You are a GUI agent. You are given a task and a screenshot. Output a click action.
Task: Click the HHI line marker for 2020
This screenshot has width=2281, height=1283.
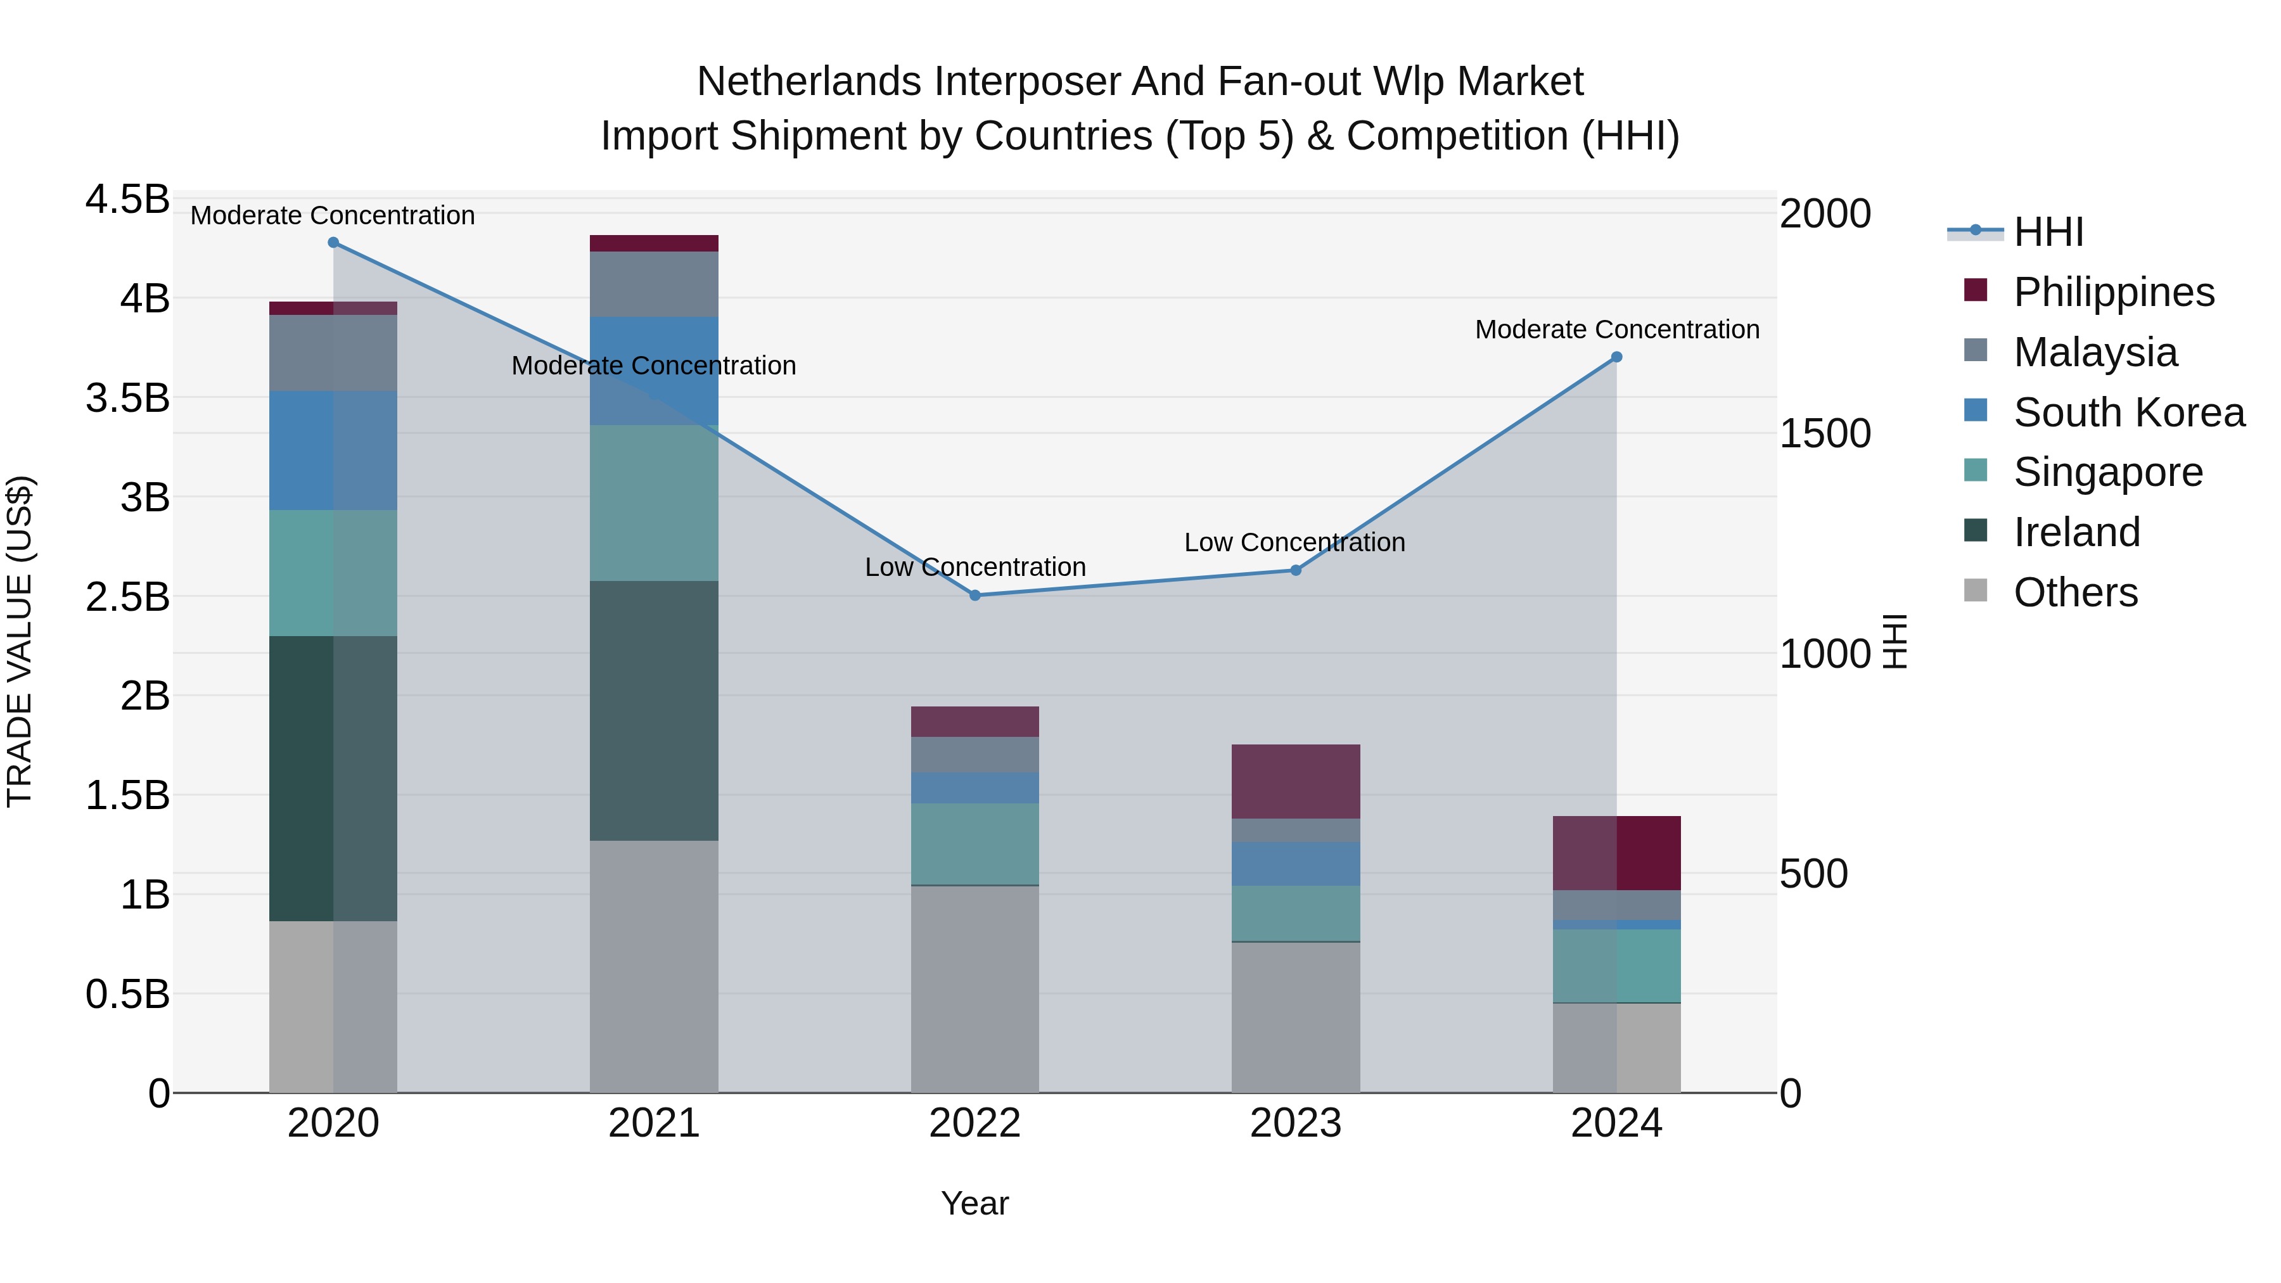pos(333,243)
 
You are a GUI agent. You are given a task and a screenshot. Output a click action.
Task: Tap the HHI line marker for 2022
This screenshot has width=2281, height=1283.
pos(975,595)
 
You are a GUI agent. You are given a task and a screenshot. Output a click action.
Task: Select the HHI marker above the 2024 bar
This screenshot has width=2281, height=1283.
pos(1616,357)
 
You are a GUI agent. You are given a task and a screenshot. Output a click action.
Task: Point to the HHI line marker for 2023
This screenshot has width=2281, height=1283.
pos(1296,570)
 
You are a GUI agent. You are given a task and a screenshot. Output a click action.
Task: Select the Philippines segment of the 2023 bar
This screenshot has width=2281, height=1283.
pos(1296,781)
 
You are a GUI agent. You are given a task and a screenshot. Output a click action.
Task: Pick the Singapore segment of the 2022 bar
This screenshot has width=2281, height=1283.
pos(975,844)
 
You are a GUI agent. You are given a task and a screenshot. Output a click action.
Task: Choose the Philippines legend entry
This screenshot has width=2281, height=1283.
pos(2114,292)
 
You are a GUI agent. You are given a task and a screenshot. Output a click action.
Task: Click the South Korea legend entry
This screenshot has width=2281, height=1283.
pos(2129,412)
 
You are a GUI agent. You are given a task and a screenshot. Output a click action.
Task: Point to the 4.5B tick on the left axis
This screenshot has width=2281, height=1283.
pos(127,199)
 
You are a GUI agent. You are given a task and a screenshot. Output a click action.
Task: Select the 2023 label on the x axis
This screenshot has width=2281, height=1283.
pos(1296,1123)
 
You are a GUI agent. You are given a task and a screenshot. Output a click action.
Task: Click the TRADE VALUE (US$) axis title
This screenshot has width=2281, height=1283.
pos(20,642)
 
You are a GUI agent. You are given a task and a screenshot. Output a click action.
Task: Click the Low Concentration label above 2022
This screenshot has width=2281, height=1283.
pos(975,566)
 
